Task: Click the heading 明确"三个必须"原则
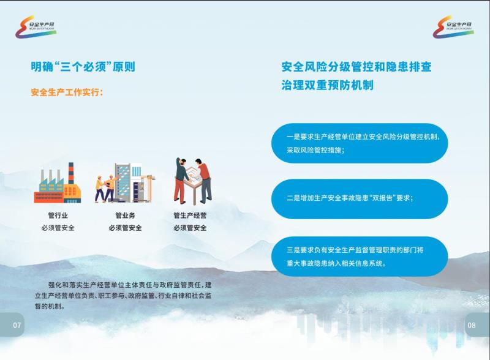83,67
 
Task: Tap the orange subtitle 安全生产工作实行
66,92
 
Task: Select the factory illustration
58,183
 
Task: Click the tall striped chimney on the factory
71,173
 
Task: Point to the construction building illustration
126,182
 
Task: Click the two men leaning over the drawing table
193,181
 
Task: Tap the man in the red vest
203,180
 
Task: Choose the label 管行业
58,216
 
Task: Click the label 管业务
126,216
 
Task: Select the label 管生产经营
190,216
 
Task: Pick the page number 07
17,325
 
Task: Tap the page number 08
472,325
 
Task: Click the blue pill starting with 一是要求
360,143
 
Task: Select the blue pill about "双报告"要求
360,199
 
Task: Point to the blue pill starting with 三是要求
360,257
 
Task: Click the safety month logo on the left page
36,27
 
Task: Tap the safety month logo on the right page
453,27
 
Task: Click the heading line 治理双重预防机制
327,85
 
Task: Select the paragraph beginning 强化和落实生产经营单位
123,295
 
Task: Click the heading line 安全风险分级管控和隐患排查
356,67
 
